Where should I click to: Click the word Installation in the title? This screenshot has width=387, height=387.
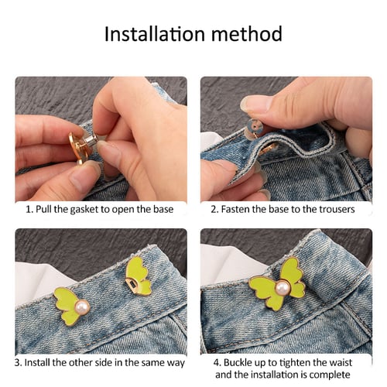tap(150, 35)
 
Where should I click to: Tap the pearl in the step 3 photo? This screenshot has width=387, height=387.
tap(82, 307)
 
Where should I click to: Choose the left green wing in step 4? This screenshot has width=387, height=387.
tap(264, 290)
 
